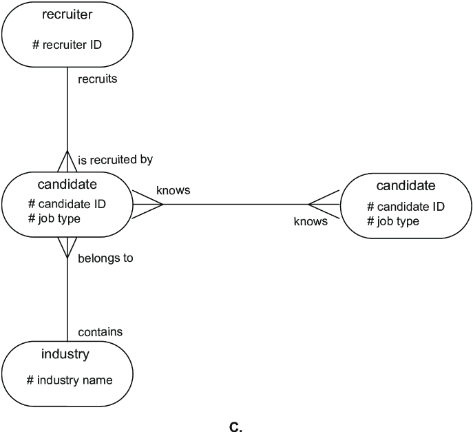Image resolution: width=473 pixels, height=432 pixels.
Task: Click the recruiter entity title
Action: [x=67, y=14]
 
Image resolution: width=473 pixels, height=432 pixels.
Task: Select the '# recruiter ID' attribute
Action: [x=67, y=45]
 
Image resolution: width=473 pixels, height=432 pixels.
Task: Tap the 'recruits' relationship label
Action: [x=98, y=79]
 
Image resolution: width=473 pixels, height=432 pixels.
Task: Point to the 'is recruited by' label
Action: [x=115, y=160]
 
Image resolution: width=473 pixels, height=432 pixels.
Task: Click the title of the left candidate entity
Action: [x=67, y=184]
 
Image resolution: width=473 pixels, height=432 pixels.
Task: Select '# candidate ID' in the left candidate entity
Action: [x=67, y=204]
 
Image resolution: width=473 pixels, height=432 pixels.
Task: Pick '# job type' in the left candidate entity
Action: [x=54, y=218]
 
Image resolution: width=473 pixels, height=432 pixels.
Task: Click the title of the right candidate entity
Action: [x=406, y=185]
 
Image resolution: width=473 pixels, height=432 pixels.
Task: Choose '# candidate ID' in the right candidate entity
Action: [x=406, y=207]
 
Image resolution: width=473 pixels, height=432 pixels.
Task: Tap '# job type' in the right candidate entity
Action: [x=393, y=221]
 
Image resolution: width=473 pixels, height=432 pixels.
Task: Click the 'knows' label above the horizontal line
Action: [x=174, y=190]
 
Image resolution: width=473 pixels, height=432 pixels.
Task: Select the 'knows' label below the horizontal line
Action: [x=311, y=221]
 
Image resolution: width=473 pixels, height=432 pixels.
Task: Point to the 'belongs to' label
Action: [x=105, y=258]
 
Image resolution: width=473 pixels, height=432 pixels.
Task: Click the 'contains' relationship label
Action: [x=101, y=332]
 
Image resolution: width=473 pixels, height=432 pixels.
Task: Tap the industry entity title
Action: [x=65, y=354]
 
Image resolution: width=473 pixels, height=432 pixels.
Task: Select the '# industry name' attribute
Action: [x=70, y=380]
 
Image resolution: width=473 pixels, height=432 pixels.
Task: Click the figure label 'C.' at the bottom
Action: [x=235, y=427]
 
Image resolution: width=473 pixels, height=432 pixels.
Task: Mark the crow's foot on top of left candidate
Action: [x=67, y=161]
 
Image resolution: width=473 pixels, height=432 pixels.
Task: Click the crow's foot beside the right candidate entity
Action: [x=324, y=205]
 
